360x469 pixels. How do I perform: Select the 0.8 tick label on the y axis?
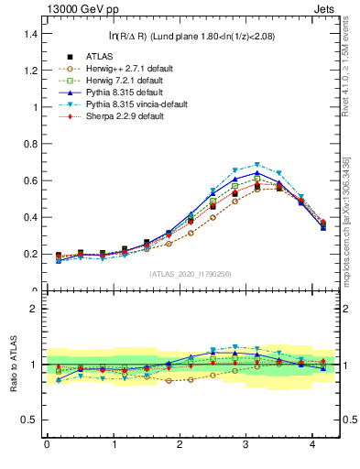point(30,144)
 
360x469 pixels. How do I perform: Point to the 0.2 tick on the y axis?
point(30,254)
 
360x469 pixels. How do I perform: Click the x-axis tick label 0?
point(47,446)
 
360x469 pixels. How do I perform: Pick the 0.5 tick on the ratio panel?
point(30,420)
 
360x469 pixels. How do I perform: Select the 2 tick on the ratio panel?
point(34,309)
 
